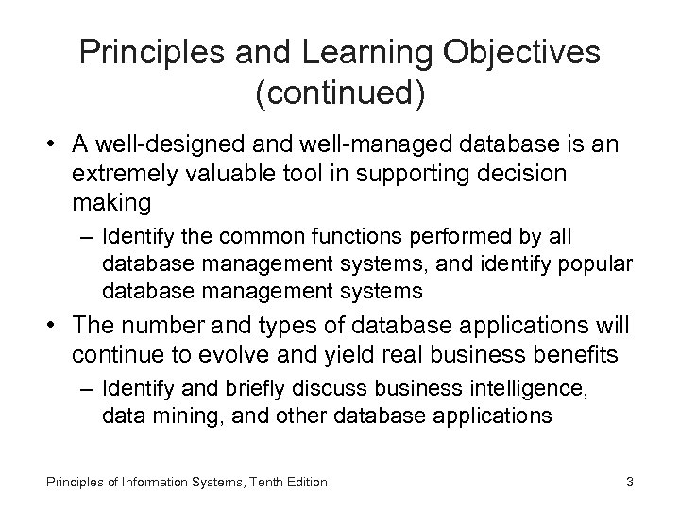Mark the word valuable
(x=250, y=174)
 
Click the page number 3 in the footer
(x=630, y=482)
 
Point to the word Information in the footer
(x=138, y=482)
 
